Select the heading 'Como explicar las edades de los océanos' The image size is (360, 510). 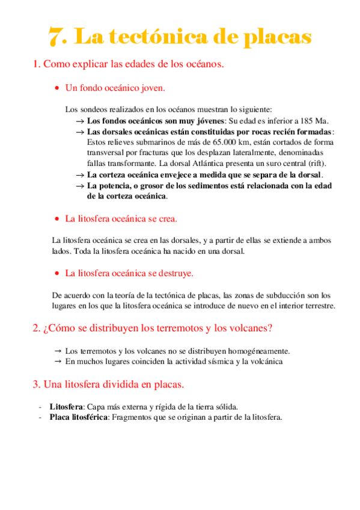[x=129, y=63]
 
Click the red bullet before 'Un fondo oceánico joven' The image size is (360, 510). [x=56, y=88]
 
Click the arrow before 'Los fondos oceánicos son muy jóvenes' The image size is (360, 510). [x=79, y=120]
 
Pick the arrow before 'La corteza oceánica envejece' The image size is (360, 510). [x=79, y=174]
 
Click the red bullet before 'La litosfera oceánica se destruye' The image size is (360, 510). [x=56, y=274]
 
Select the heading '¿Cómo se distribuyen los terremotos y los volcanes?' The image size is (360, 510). [x=152, y=328]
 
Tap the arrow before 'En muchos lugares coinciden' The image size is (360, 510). [x=58, y=361]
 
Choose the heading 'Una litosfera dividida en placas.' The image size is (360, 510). [x=108, y=384]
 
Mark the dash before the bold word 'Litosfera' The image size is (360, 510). [x=40, y=406]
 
